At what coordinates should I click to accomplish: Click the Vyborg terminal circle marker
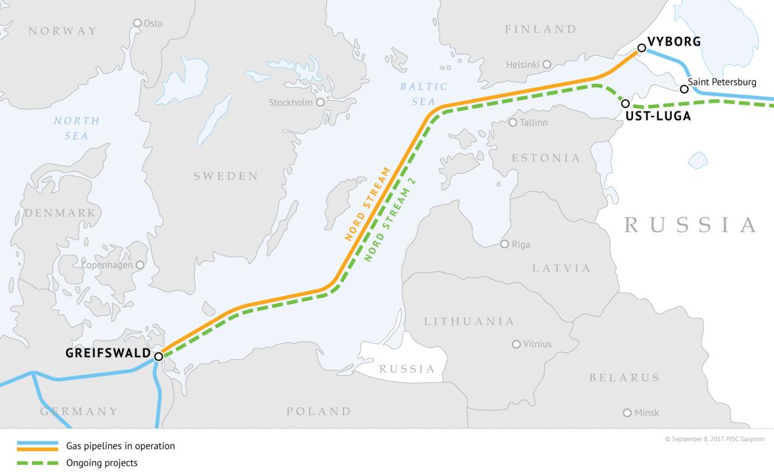[x=642, y=48]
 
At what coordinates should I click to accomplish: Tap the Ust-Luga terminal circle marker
[x=625, y=103]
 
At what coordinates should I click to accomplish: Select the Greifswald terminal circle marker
[x=159, y=356]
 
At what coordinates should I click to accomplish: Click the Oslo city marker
[x=138, y=23]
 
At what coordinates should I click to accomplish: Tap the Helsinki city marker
[x=547, y=64]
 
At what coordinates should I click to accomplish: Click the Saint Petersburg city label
[x=722, y=82]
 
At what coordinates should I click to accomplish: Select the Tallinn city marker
[x=513, y=122]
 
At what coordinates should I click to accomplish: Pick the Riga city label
[x=520, y=244]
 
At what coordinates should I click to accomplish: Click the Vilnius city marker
[x=516, y=344]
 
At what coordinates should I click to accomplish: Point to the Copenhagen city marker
[x=140, y=265]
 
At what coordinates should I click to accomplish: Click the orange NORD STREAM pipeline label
[x=367, y=204]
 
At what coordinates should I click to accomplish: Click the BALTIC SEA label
[x=424, y=94]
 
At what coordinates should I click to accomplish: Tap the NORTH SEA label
[x=77, y=128]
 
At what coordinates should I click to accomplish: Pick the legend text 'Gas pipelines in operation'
[x=120, y=447]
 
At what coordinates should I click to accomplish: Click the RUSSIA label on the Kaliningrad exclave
[x=407, y=369]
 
